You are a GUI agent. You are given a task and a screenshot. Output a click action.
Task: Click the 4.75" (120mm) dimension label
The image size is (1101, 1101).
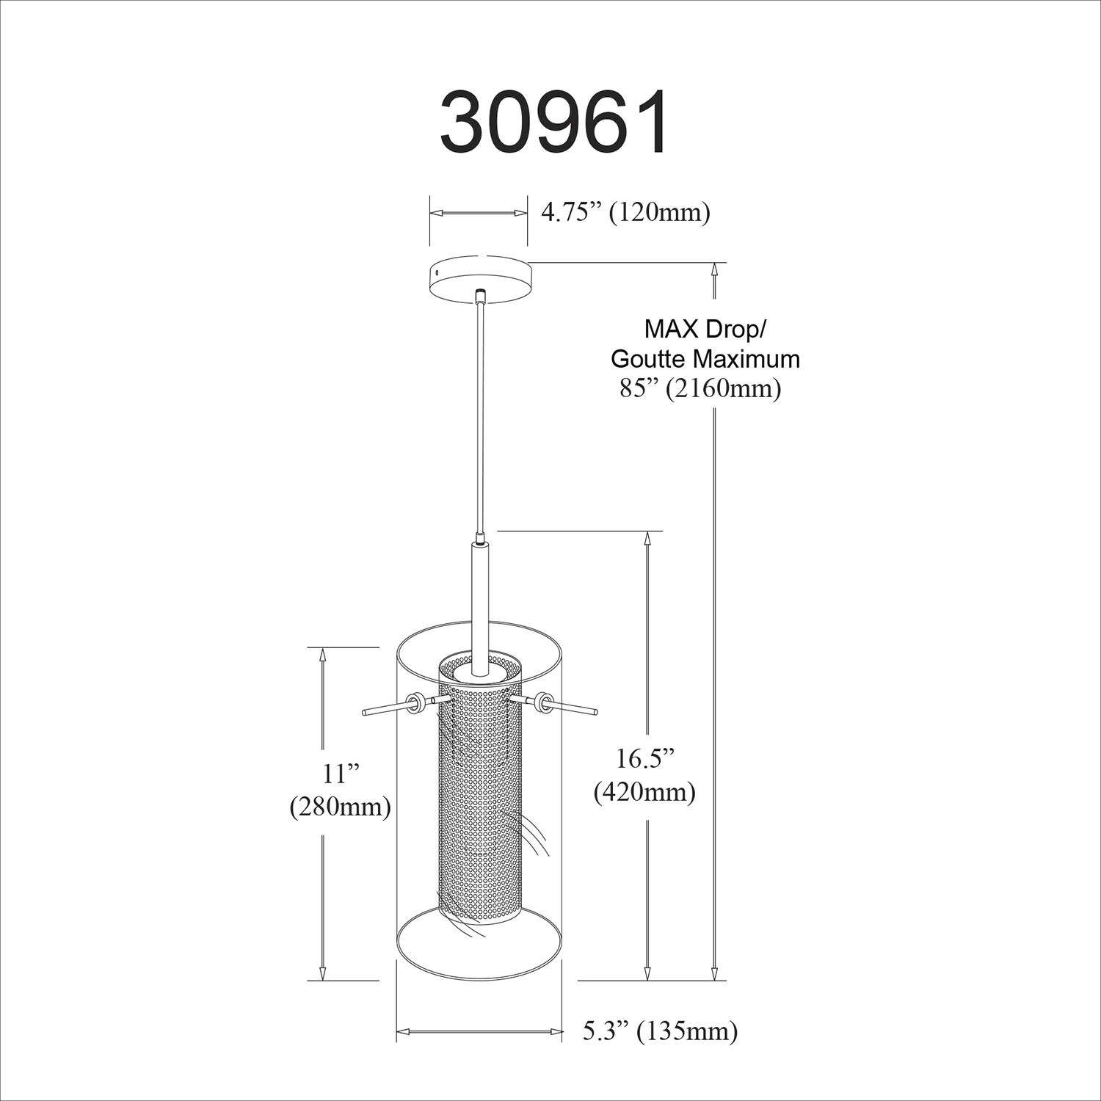(x=625, y=213)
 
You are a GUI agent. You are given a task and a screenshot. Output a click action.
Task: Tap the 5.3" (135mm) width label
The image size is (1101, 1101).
(x=660, y=1031)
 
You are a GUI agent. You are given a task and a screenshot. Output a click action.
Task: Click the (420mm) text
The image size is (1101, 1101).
(x=645, y=791)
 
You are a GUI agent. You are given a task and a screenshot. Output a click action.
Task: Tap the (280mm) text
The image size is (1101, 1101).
(x=339, y=807)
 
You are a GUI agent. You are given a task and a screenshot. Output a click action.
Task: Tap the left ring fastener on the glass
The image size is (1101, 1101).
(x=414, y=702)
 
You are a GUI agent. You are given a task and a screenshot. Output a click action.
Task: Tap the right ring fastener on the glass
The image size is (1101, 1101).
(x=544, y=702)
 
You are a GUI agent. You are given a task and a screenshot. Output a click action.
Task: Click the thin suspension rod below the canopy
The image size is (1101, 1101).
(x=479, y=411)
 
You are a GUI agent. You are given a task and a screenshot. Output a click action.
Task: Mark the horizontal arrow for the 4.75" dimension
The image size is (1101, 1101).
(x=479, y=213)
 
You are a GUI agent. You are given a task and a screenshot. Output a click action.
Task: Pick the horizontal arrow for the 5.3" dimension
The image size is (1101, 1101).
(x=480, y=1032)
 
